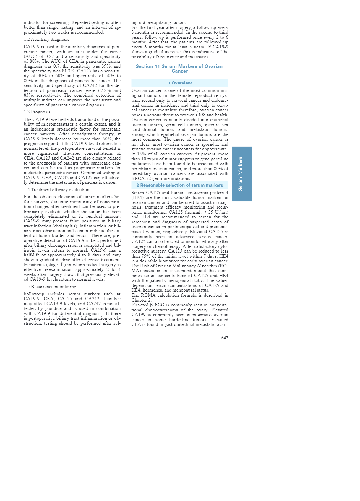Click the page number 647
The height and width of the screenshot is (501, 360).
[225, 338]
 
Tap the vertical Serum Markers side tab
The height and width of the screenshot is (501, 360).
[242, 174]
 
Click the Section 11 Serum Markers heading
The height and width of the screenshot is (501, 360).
[179, 69]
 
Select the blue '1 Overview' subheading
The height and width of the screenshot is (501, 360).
[180, 83]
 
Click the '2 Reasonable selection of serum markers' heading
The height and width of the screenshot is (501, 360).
[180, 185]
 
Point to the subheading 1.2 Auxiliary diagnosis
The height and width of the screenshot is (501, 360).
[46, 39]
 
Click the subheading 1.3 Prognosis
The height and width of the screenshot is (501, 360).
[37, 112]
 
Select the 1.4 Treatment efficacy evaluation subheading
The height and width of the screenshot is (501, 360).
[56, 190]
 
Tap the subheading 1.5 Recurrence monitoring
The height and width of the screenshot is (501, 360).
[50, 287]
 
